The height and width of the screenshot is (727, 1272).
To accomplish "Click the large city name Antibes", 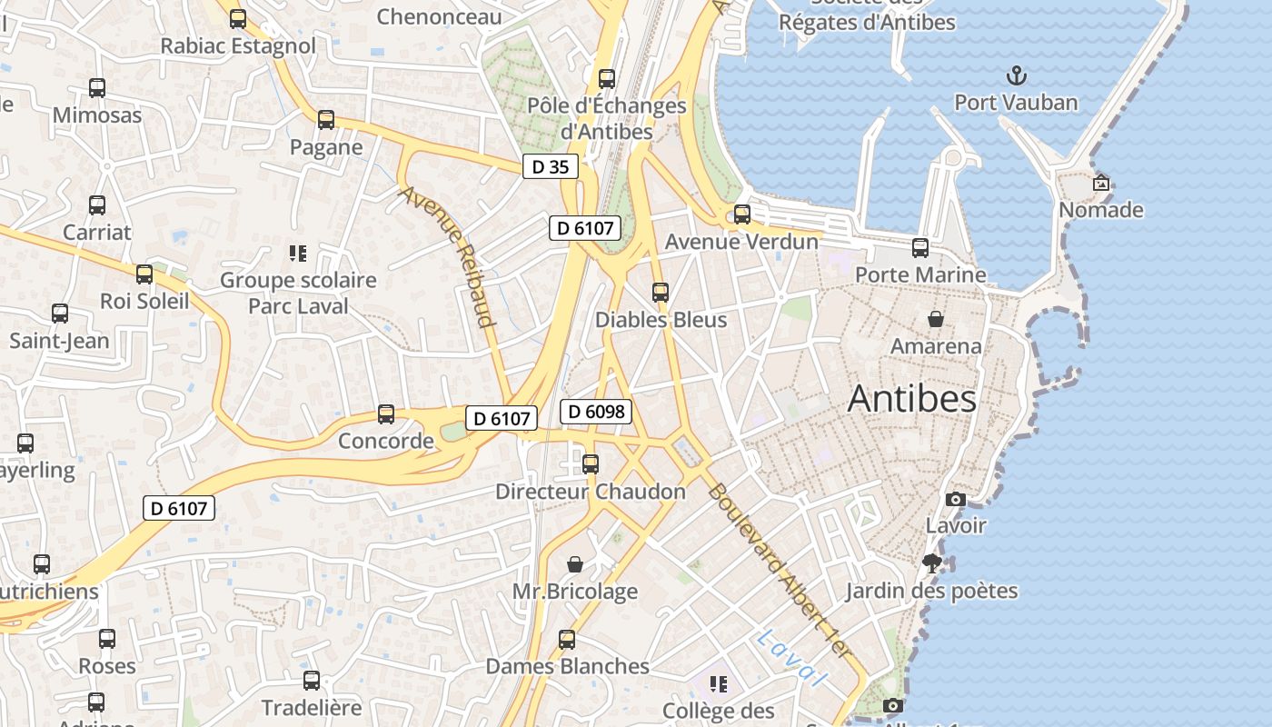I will pos(911,399).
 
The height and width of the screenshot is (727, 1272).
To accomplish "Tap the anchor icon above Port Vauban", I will pos(1016,75).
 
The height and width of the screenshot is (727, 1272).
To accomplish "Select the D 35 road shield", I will pos(551,166).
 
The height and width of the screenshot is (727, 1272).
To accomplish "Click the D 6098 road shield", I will pos(595,412).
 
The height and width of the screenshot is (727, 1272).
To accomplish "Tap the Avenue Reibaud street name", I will pos(448,256).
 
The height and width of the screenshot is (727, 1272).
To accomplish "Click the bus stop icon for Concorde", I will pos(386,414).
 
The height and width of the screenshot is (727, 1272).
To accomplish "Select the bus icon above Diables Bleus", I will pos(661,293).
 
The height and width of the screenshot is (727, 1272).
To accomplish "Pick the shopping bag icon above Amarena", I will pos(936,319).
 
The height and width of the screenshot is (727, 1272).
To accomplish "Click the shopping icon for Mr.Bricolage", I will pos(575,564).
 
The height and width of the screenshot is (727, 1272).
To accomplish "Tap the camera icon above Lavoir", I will pos(956,499).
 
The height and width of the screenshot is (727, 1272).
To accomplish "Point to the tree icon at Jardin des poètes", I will pos(931,563).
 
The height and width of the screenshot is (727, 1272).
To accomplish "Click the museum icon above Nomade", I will pos(1101,183).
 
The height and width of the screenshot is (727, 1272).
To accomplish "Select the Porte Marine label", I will pos(920,274).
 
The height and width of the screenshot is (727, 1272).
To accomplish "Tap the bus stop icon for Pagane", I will pos(326,119).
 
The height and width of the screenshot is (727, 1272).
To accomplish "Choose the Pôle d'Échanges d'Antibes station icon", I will pos(607,79).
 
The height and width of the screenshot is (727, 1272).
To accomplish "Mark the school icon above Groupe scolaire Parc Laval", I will pos(298,253).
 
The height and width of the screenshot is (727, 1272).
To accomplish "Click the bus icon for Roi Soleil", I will pos(144,274).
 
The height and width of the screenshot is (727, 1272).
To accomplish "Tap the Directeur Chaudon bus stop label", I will pos(591,492).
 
